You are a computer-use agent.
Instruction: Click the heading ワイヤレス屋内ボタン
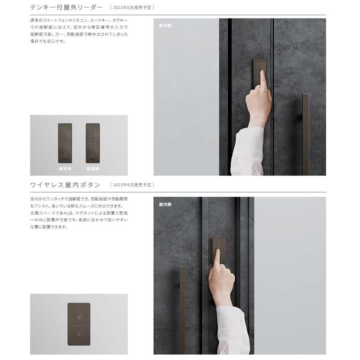[x=65, y=185]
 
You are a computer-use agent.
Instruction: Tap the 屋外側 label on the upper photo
[x=165, y=25]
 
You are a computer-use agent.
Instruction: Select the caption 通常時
[x=65, y=169]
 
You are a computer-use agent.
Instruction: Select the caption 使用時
[x=92, y=169]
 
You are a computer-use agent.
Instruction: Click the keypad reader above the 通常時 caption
[x=65, y=143]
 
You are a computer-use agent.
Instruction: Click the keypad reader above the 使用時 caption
[x=92, y=143]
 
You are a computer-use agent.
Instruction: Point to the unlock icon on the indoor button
[x=79, y=318]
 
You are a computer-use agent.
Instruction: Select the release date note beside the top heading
[x=132, y=8]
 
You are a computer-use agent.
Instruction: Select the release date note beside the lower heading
[x=132, y=185]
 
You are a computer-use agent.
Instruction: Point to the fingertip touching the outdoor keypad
[x=262, y=73]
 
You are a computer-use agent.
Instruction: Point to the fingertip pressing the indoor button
[x=218, y=251]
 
